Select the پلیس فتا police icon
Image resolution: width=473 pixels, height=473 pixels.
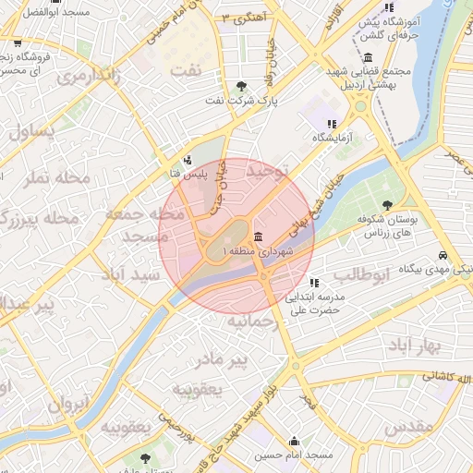pos(188,159)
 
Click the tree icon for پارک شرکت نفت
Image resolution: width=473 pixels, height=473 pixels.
pos(242,86)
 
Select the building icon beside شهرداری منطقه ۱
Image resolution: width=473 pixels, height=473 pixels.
pos(256,237)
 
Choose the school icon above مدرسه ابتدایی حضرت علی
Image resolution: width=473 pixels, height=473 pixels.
pos(315,283)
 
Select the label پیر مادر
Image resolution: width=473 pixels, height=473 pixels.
pos(226,358)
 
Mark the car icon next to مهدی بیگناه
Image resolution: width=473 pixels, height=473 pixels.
pos(444,255)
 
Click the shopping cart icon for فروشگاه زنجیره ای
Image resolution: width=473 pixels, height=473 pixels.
pos(17,42)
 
